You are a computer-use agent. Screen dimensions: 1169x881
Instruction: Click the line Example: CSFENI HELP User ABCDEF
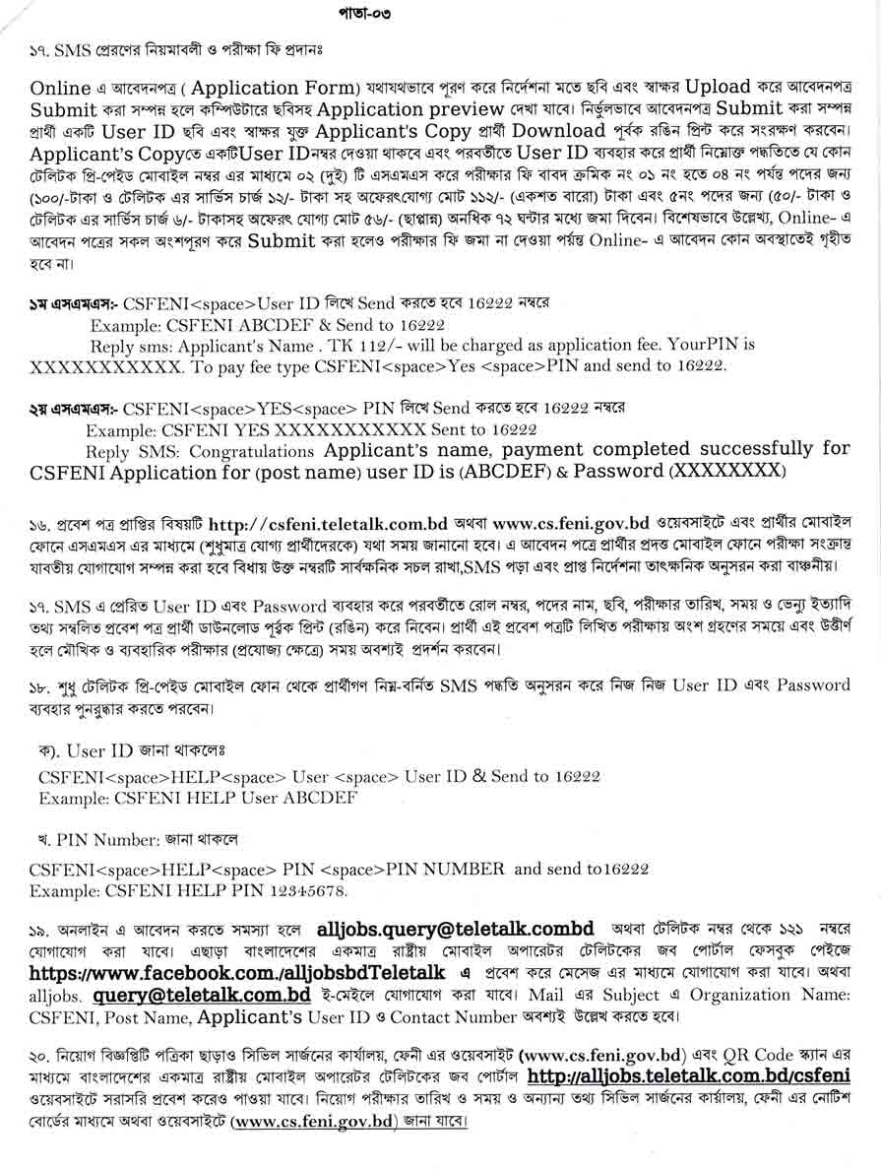[184, 797]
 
